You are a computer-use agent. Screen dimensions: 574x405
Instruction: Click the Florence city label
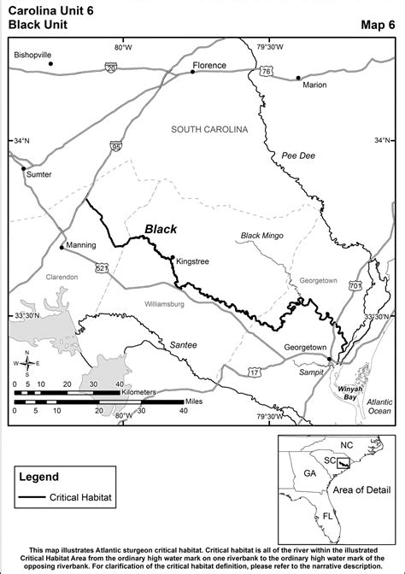coord(210,65)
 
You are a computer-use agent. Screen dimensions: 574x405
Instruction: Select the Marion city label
coord(314,85)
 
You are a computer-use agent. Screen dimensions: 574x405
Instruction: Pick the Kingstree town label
coord(192,263)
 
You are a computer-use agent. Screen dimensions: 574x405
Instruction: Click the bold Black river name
coord(161,229)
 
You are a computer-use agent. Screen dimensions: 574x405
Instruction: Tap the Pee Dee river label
coord(298,155)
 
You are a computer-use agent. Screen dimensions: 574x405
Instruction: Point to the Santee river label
coord(183,344)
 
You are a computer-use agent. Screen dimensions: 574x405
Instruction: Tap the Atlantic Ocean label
coord(378,406)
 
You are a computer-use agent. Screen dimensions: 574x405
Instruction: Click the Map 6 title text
coord(379,26)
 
